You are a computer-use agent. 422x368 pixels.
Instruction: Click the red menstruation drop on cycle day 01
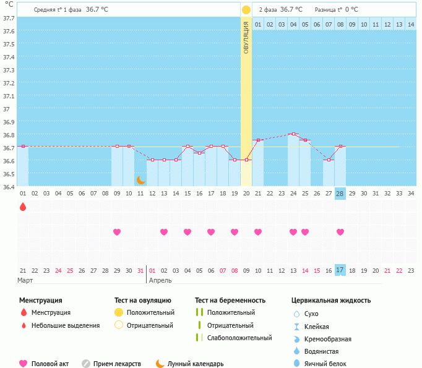pyautogui.click(x=23, y=207)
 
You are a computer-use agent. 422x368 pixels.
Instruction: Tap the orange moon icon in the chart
pyautogui.click(x=141, y=180)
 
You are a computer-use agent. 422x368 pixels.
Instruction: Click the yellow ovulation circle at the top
pyautogui.click(x=246, y=10)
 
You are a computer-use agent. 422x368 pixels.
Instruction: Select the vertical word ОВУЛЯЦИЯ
pyautogui.click(x=246, y=38)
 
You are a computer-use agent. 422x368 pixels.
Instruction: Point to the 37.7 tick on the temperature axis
pyautogui.click(x=9, y=18)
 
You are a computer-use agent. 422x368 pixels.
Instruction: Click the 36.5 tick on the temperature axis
pyautogui.click(x=9, y=174)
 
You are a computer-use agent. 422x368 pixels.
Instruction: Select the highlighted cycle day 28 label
pyautogui.click(x=340, y=193)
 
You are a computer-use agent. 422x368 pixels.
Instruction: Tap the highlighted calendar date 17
pyautogui.click(x=340, y=270)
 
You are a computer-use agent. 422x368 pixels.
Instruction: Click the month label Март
pyautogui.click(x=25, y=280)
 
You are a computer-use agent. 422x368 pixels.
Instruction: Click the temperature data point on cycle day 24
pyautogui.click(x=293, y=134)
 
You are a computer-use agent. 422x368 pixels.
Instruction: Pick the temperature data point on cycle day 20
pyautogui.click(x=246, y=160)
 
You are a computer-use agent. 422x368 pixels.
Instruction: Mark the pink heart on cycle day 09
pyautogui.click(x=117, y=232)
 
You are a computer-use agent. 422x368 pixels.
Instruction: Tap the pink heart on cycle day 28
pyautogui.click(x=340, y=232)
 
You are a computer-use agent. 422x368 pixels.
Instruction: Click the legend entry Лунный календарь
pyautogui.click(x=196, y=364)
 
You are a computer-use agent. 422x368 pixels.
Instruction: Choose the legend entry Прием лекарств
pyautogui.click(x=117, y=364)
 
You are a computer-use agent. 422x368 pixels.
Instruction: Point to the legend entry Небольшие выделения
pyautogui.click(x=65, y=325)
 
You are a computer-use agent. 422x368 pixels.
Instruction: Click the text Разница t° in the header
pyautogui.click(x=328, y=10)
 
